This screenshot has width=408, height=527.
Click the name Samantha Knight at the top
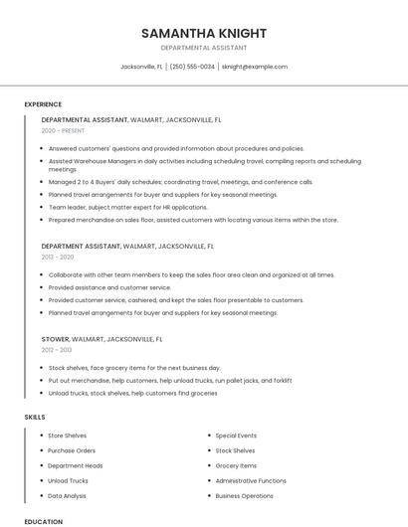[204, 33]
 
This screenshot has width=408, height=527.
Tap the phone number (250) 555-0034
[192, 67]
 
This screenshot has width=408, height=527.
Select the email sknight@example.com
[255, 67]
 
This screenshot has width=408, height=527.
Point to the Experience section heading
[43, 104]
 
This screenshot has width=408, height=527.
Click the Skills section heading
[35, 418]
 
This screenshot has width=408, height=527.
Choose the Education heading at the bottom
[44, 521]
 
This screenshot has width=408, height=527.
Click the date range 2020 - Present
[63, 131]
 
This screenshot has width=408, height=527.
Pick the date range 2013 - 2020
[58, 257]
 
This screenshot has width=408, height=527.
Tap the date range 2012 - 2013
[57, 350]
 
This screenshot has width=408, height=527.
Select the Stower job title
[55, 339]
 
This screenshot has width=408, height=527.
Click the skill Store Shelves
[68, 436]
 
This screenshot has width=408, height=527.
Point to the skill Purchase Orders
[72, 450]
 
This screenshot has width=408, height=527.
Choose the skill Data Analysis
[68, 495]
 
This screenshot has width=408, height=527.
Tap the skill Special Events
[236, 436]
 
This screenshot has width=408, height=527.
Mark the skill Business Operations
[244, 495]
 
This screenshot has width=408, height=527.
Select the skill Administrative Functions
[251, 480]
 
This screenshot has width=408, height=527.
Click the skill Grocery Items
[236, 465]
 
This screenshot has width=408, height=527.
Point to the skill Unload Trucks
[69, 480]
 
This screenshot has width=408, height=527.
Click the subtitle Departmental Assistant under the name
[204, 48]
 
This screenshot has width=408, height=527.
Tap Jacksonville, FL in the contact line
[141, 67]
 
